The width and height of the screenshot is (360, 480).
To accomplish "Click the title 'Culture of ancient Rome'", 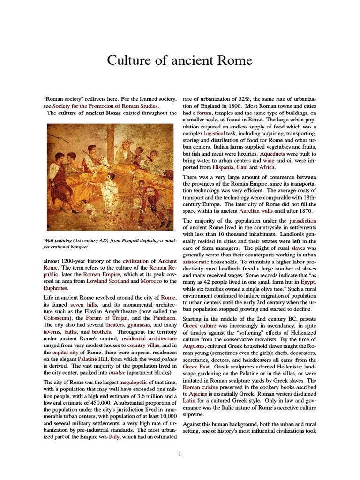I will [x=180, y=60].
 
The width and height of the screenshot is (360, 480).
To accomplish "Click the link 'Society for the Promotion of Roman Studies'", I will [x=105, y=106].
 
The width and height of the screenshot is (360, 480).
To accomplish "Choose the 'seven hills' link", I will [x=83, y=305].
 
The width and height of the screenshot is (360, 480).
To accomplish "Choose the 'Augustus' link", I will [x=196, y=345].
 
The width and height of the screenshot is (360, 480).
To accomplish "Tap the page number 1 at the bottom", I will [x=180, y=453].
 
